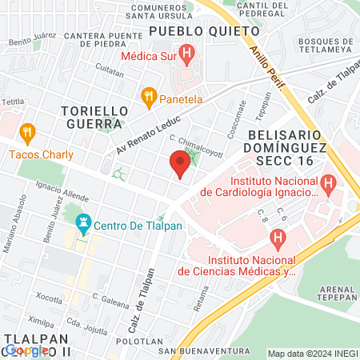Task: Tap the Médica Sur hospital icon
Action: point(187,55)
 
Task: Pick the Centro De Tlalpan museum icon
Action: point(82,222)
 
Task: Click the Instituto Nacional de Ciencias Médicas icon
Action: point(278,238)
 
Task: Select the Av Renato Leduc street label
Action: point(142,137)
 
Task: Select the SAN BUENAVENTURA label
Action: point(195,350)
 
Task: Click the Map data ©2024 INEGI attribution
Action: point(312,354)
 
